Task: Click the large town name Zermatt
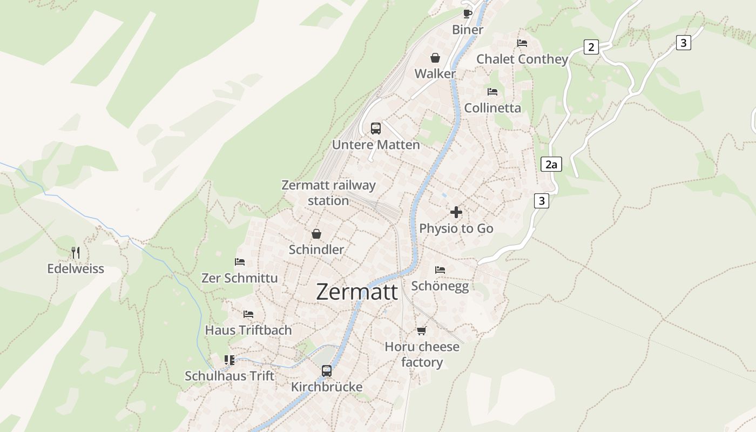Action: pos(357,292)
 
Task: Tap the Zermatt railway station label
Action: pos(328,193)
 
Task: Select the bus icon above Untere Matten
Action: pos(375,129)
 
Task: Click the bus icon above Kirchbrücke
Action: pos(327,371)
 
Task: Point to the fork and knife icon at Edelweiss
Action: pos(76,252)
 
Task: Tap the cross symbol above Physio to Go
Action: pos(456,212)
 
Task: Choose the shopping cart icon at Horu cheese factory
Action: pos(422,330)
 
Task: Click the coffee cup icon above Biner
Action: pos(468,13)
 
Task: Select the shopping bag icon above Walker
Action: pos(435,58)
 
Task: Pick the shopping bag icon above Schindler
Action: pos(316,234)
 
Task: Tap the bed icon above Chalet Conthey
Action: pos(522,43)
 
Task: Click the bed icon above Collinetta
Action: pos(492,92)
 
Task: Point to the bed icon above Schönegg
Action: pos(440,269)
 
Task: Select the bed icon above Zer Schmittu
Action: pos(240,262)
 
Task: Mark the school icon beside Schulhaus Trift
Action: pos(230,360)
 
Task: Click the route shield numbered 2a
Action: pos(551,164)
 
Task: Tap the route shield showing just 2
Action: pos(591,47)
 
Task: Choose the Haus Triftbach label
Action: pos(248,330)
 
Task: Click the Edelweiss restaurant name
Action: pos(76,268)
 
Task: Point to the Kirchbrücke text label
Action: pos(327,387)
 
